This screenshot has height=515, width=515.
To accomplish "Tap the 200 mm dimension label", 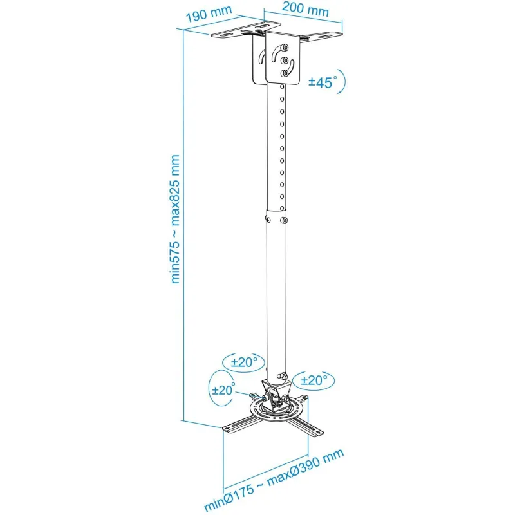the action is click(x=305, y=9).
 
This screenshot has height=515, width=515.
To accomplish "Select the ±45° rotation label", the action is click(x=323, y=82).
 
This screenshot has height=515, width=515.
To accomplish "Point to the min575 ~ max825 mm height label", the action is click(x=174, y=219).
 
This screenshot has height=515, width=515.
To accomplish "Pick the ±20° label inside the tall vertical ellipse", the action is click(x=223, y=389).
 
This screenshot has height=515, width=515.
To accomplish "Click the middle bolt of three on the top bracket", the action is click(x=285, y=60).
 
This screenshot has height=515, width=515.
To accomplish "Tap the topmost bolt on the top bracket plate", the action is click(x=285, y=48).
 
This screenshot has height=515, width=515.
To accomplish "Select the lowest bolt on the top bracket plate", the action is click(x=285, y=73).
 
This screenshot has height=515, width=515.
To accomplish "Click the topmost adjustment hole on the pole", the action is click(x=282, y=87).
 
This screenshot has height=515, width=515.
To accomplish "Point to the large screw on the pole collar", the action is click(x=284, y=220).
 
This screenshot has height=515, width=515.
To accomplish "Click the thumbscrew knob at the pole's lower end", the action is click(x=282, y=375).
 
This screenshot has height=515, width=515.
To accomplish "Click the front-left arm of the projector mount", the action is click(x=239, y=424).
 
